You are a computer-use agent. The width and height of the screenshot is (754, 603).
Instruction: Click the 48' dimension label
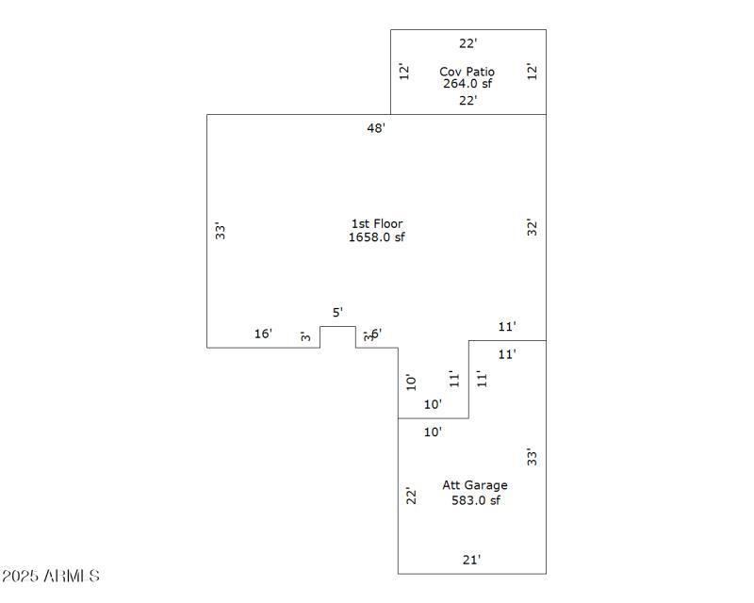(x=376, y=128)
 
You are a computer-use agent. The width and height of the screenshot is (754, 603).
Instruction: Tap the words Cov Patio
(x=467, y=72)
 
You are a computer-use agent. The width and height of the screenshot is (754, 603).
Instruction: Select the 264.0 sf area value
(x=467, y=83)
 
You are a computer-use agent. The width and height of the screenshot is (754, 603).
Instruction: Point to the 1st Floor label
(x=377, y=223)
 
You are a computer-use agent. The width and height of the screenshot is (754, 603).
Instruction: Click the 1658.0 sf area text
(x=377, y=236)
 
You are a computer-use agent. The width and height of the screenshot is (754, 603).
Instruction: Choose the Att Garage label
(x=475, y=485)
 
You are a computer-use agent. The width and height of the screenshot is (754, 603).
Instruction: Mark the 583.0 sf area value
(x=475, y=500)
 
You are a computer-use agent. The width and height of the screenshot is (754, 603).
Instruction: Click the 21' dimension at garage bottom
(x=471, y=560)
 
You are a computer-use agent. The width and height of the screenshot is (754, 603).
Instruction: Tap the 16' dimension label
(x=263, y=334)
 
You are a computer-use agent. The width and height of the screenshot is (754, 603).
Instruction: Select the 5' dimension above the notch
(x=337, y=312)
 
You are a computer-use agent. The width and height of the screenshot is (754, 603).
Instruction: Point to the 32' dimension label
(x=533, y=227)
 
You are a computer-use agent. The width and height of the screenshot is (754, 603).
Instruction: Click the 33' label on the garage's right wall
(x=533, y=458)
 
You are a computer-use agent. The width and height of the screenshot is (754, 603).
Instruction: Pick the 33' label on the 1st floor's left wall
(x=219, y=230)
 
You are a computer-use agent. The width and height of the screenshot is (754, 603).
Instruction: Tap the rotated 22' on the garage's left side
(x=411, y=496)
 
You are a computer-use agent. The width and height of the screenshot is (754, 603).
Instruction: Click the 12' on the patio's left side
(x=403, y=71)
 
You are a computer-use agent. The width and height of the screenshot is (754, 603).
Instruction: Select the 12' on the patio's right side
(x=533, y=71)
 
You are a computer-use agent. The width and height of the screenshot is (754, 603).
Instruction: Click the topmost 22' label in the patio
(x=468, y=43)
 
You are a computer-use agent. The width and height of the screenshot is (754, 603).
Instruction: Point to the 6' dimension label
(x=376, y=334)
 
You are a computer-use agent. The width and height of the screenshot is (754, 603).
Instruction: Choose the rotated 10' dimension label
(x=411, y=382)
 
